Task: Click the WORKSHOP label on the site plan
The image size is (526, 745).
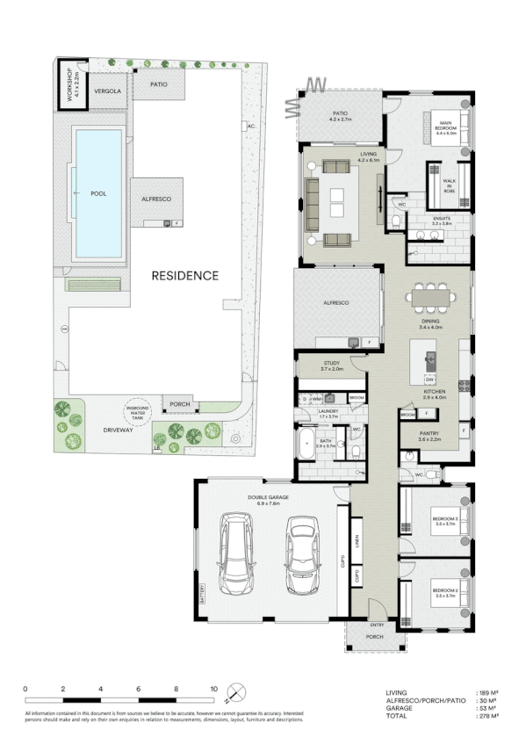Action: coord(63,84)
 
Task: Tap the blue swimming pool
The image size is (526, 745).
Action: coord(98,193)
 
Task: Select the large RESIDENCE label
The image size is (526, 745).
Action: coord(184,275)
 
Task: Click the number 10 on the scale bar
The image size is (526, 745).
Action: coord(213,689)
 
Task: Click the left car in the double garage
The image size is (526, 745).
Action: coord(234,553)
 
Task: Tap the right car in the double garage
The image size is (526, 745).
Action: coord(301,553)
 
